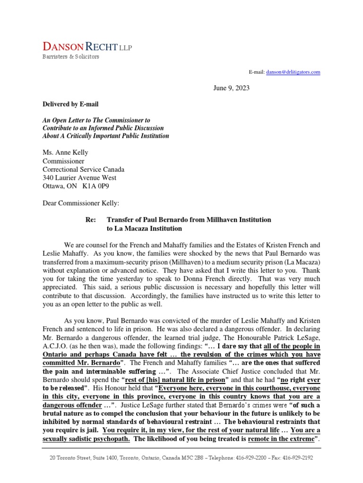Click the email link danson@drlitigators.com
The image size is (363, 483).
[293, 72]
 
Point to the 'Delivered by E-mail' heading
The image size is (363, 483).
[70, 104]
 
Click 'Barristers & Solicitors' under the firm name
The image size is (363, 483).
[71, 57]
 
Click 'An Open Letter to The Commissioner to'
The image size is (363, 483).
[96, 120]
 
